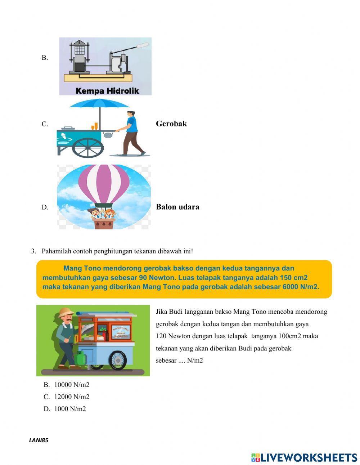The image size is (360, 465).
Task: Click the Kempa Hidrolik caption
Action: (107, 91)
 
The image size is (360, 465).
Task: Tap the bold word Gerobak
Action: (171, 124)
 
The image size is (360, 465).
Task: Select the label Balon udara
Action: (177, 207)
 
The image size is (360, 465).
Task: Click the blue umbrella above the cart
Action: (99, 104)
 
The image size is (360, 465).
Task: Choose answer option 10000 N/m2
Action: (72, 385)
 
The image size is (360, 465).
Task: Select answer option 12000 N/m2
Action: (72, 397)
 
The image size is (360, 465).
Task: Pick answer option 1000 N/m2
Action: (70, 409)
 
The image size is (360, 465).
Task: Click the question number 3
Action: (33, 251)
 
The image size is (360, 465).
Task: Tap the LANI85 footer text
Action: (39, 440)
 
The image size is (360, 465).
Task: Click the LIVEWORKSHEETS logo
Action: (304, 457)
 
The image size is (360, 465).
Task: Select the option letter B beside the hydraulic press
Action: (45, 58)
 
